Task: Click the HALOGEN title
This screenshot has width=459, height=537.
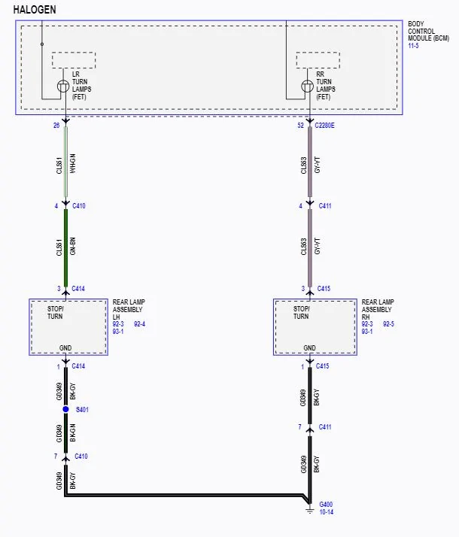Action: click(x=35, y=10)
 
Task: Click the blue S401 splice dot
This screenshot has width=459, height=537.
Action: click(x=65, y=409)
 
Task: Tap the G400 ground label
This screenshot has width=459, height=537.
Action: click(x=326, y=504)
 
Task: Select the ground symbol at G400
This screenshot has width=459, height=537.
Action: click(x=310, y=511)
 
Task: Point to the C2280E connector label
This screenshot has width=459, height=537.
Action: click(x=324, y=126)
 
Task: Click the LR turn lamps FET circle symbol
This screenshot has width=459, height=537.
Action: click(x=63, y=86)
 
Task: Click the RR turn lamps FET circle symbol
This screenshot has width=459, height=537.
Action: click(x=307, y=86)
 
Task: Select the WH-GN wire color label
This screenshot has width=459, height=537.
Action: click(x=73, y=163)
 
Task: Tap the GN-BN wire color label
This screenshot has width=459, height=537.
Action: click(x=73, y=246)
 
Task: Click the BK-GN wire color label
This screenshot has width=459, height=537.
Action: click(x=73, y=432)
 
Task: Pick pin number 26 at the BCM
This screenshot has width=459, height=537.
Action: click(x=56, y=126)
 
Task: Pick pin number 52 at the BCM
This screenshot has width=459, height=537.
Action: click(x=300, y=126)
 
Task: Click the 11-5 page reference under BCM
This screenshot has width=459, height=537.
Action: click(x=413, y=46)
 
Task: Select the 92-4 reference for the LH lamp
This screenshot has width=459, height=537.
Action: click(x=139, y=323)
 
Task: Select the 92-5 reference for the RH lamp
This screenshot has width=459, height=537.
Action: click(x=388, y=323)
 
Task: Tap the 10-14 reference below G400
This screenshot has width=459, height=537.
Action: click(x=326, y=512)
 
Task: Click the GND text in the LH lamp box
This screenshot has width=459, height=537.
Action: click(x=65, y=348)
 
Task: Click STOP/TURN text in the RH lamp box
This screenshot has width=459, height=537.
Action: click(x=301, y=312)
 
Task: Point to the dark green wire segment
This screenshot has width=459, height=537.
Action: click(x=65, y=247)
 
